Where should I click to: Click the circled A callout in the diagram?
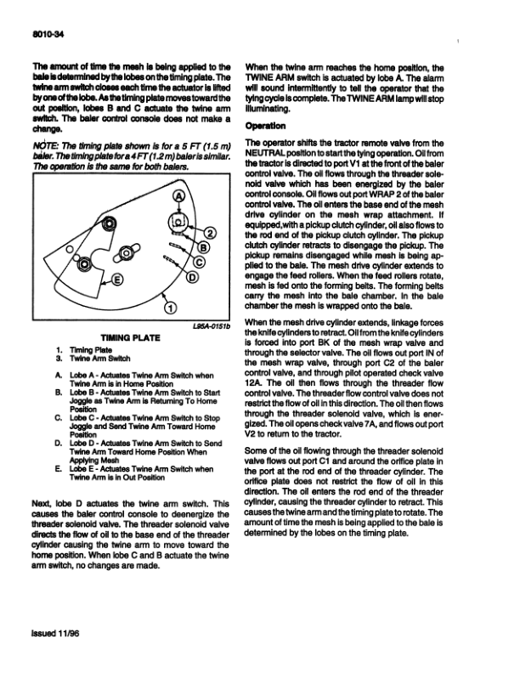coord(178,198)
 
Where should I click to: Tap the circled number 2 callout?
coord(211,235)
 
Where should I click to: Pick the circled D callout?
coord(192,278)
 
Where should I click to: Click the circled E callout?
coord(117,279)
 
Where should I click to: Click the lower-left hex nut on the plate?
coord(87,263)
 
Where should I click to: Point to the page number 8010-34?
coord(45,35)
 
